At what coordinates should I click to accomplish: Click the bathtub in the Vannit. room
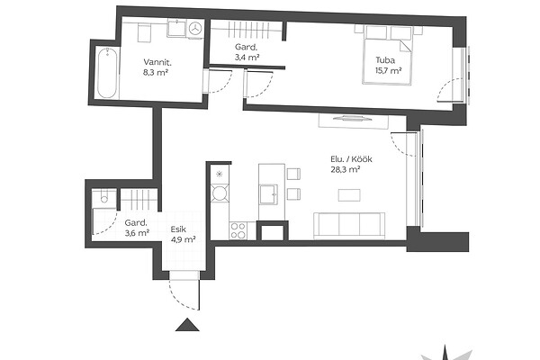[x=107, y=73]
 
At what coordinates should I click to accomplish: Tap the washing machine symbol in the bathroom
[x=195, y=29]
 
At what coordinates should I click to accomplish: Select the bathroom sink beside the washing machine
[x=177, y=28]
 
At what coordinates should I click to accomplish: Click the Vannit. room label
[x=157, y=62]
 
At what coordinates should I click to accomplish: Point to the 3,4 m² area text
[x=247, y=57]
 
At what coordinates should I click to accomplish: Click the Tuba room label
[x=385, y=60]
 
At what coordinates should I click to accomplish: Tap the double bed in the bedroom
[x=387, y=55]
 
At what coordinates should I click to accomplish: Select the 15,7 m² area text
[x=389, y=71]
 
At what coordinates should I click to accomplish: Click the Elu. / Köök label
[x=351, y=159]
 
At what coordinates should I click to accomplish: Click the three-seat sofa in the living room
[x=349, y=226]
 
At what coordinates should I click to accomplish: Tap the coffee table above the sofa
[x=349, y=195]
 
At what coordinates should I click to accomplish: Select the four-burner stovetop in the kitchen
[x=238, y=230]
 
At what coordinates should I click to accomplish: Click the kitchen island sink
[x=268, y=194]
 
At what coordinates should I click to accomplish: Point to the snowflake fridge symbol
[x=220, y=175]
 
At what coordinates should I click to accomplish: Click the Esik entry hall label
[x=178, y=229]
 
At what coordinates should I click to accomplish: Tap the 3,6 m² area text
[x=137, y=233]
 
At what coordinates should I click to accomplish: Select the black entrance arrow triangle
[x=187, y=325]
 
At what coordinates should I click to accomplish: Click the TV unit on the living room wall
[x=354, y=121]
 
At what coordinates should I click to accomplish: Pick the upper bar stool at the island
[x=293, y=174]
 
